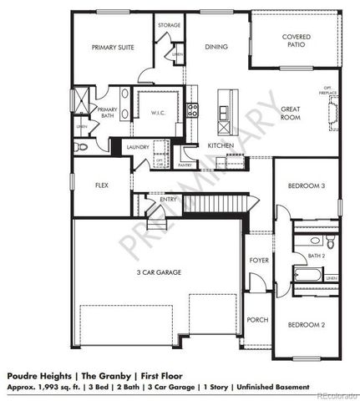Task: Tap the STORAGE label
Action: (169, 25)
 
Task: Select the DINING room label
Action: (216, 47)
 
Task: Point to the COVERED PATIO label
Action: (297, 42)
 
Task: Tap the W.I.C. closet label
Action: (160, 113)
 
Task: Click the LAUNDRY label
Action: (137, 147)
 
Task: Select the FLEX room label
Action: (103, 185)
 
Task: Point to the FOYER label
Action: (259, 261)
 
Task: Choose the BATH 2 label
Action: (316, 256)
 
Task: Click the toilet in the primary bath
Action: (81, 147)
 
